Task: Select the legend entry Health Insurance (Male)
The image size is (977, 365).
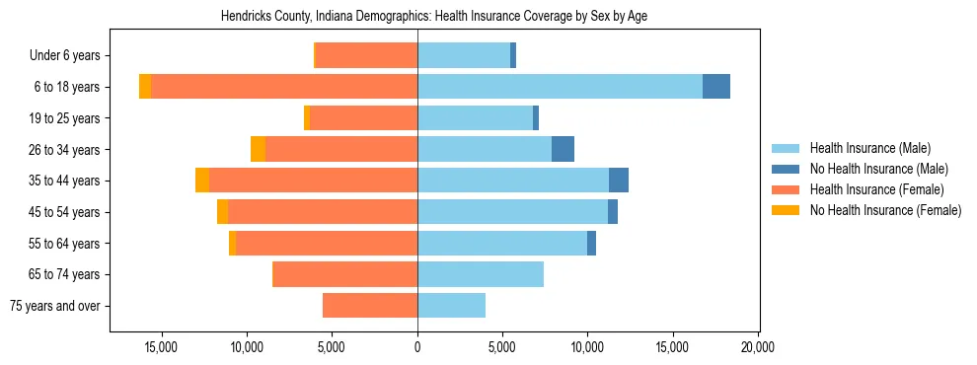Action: click(x=869, y=148)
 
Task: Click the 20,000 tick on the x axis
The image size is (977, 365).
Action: click(x=758, y=347)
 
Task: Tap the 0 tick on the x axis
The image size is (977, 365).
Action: click(x=417, y=347)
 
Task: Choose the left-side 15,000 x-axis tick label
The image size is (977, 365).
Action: click(x=161, y=347)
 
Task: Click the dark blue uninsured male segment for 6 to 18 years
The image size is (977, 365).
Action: click(x=716, y=87)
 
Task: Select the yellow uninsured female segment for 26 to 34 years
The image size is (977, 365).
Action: click(x=258, y=149)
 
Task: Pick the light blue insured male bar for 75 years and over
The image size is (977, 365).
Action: click(x=451, y=306)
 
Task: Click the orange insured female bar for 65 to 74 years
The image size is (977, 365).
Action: click(x=344, y=274)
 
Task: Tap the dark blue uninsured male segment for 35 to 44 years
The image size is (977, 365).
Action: click(x=619, y=181)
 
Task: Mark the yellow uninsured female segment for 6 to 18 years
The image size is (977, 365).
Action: click(x=145, y=87)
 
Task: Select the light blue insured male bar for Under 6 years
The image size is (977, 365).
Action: click(x=464, y=55)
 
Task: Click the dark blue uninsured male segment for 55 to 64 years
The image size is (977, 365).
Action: click(x=591, y=243)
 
